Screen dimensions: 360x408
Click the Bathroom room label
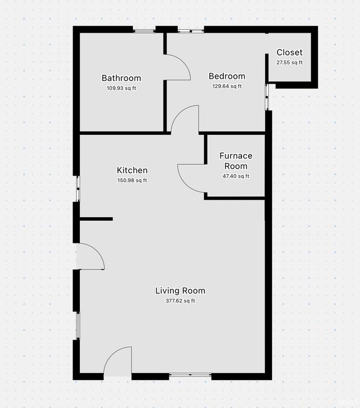[121, 78]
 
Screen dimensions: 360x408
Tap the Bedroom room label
[227, 76]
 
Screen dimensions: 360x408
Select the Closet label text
[289, 52]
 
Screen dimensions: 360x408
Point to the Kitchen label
[132, 170]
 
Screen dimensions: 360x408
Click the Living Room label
[180, 290]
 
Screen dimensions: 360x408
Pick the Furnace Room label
[236, 161]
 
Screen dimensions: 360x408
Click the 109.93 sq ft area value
[121, 88]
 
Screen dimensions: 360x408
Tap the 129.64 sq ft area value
[227, 86]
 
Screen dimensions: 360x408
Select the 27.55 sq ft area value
[289, 63]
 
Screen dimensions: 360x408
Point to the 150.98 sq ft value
[132, 180]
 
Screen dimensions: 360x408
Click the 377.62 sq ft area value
[180, 301]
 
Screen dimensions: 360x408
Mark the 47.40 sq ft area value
[236, 176]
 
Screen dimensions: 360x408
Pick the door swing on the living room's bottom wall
[111, 354]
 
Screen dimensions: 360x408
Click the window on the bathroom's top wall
[144, 31]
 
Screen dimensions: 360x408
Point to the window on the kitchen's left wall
[78, 188]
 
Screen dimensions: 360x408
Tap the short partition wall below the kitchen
[96, 219]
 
